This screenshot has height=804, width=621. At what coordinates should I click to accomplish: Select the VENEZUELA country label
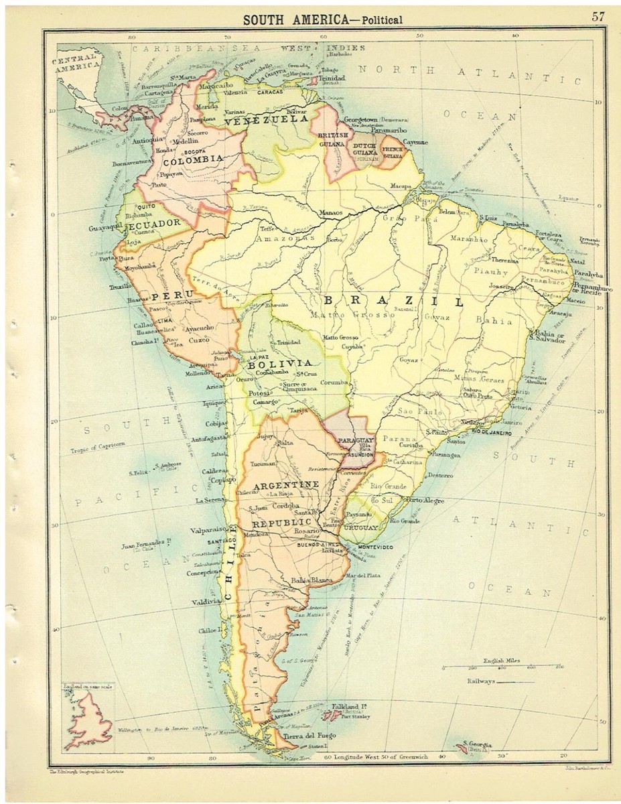pyautogui.click(x=266, y=121)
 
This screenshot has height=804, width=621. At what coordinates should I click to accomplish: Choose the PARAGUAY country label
pyautogui.click(x=354, y=438)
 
